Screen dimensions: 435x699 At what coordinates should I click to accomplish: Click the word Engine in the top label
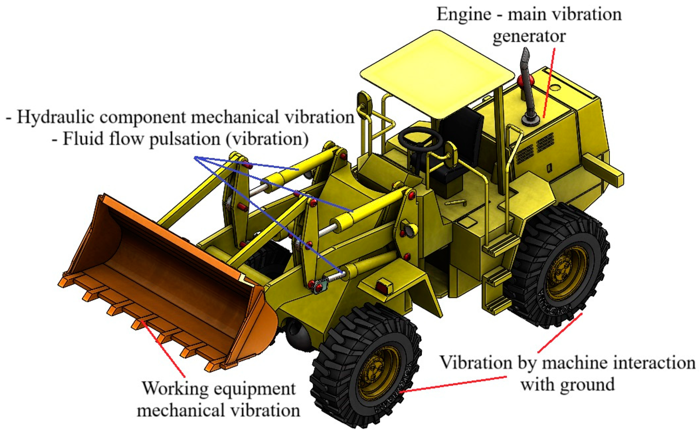tap(464, 14)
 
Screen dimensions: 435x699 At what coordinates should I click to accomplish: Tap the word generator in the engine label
tap(529, 37)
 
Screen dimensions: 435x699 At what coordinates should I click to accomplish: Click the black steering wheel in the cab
tap(420, 138)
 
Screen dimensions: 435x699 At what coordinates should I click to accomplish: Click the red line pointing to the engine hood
tap(549, 83)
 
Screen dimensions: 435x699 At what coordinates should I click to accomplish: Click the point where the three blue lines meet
tap(195, 157)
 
